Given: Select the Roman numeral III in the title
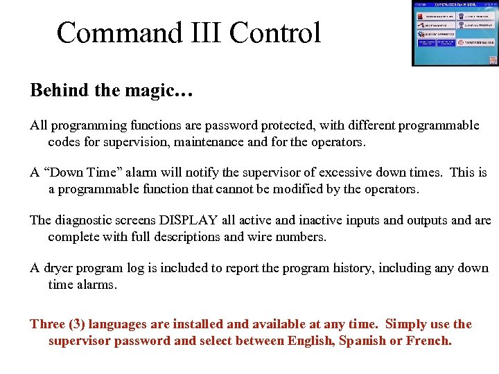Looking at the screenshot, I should [201, 33].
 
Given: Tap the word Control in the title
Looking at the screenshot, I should [276, 33].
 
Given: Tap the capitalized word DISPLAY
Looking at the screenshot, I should [189, 220].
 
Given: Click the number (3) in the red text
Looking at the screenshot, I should [76, 324].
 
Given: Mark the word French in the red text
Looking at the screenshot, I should [430, 340].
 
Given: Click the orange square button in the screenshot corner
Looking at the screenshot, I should [493, 60].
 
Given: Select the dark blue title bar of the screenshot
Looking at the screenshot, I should [455, 6].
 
